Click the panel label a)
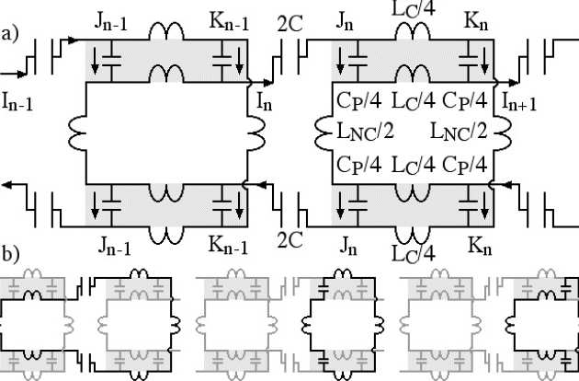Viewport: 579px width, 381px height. tap(10, 36)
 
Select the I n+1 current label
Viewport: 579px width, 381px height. tap(518, 98)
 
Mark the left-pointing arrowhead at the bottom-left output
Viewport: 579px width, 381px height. tap(9, 186)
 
